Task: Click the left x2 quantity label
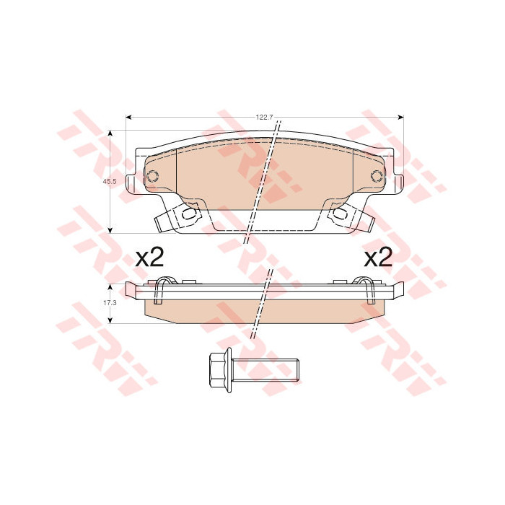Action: (149, 258)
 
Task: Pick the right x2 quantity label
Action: (378, 258)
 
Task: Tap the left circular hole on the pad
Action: (152, 176)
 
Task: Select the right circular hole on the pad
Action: (377, 176)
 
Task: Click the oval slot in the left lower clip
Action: (189, 213)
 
